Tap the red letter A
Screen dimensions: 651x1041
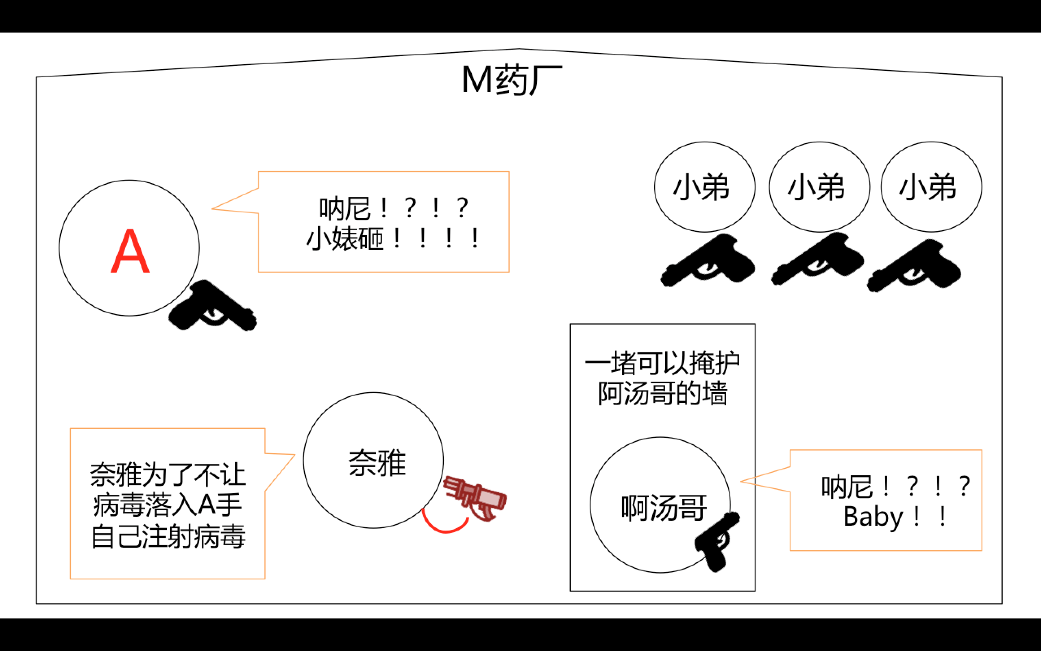pos(130,251)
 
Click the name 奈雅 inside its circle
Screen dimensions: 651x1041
pos(377,463)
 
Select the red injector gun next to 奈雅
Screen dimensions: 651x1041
pos(476,498)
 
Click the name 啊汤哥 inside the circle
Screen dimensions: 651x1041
pos(664,508)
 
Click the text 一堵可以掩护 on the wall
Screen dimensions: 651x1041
pos(662,363)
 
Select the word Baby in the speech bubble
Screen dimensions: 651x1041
pos(873,517)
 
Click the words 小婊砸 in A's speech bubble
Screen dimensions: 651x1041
pos(344,239)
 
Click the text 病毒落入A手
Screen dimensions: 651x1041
pos(168,505)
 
